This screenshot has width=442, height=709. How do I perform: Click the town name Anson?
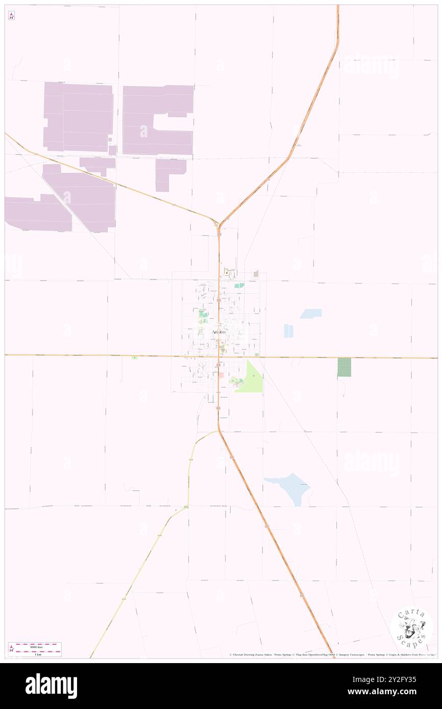point(218,332)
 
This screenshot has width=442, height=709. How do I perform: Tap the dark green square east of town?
point(344,367)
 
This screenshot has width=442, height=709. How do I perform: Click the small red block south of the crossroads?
point(221,375)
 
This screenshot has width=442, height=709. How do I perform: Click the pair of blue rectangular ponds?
point(288,331)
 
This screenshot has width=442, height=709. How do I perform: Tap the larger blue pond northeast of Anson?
point(311,313)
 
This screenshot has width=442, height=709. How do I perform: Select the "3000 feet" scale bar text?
point(35,646)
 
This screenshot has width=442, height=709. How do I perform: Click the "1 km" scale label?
point(35,654)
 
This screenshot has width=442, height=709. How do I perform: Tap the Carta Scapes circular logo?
point(411,628)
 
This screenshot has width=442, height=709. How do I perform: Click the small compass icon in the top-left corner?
point(11,16)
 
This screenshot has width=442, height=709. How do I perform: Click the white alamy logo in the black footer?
point(51,686)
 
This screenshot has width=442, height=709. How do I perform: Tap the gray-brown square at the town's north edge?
point(256,274)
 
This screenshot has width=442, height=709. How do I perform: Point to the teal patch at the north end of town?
point(238,286)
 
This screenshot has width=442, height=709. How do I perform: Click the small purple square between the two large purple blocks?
point(112,150)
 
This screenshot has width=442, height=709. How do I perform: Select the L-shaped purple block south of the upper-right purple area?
point(168,173)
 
